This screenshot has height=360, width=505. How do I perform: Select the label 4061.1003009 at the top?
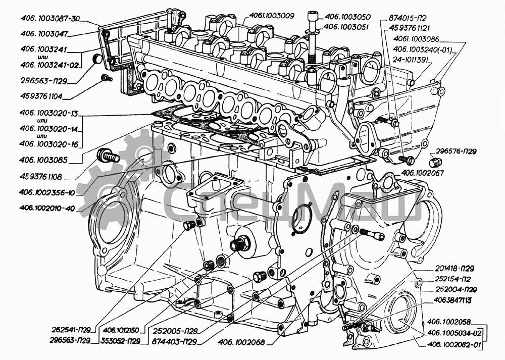click(271, 16)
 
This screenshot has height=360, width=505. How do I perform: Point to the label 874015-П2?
click(409, 17)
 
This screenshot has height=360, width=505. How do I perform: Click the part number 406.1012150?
click(120, 331)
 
